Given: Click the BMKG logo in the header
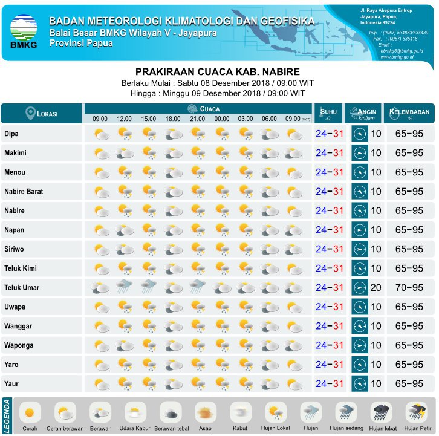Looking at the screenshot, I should point(24,30).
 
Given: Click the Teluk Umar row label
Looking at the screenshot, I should point(22,288).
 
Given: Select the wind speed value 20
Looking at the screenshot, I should point(376,288).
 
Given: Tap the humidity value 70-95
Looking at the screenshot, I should point(409,288).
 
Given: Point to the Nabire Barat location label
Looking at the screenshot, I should point(24,192).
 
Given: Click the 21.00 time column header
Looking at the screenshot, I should point(198,119).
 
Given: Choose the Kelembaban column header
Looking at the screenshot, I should point(410,113).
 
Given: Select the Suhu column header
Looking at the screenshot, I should point(329,113).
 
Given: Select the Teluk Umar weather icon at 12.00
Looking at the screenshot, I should point(125,287).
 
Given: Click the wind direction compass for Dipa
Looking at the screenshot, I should point(360,134).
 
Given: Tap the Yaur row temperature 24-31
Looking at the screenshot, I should point(330,384).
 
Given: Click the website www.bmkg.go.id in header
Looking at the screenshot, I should point(397,57).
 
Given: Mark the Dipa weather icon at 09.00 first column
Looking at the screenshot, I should point(100,134).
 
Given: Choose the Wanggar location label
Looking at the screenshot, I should point(18,327).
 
